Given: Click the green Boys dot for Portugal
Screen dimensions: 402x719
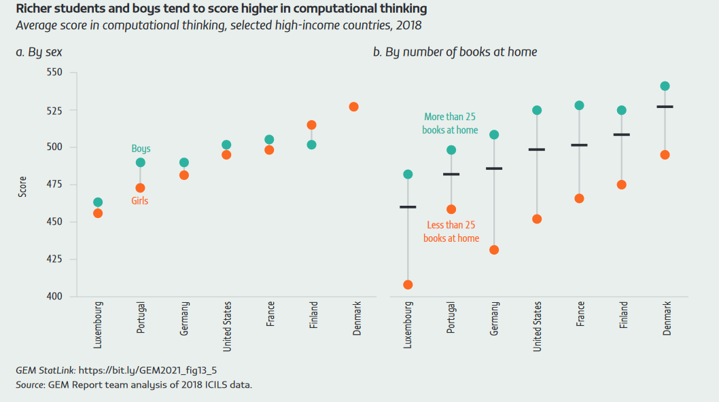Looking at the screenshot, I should coord(141,162).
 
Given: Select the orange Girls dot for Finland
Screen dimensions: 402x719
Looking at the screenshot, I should coord(312,125).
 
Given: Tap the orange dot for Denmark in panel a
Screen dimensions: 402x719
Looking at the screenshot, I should coord(354,107).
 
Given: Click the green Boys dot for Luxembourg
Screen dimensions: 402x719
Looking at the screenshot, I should coord(98,202).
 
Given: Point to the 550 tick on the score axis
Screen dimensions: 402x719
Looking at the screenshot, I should coord(55,72).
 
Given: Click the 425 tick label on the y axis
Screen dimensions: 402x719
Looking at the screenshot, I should coord(55,259).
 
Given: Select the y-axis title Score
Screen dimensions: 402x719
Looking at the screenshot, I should coord(22,187).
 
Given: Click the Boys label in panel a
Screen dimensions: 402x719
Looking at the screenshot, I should coord(141,149).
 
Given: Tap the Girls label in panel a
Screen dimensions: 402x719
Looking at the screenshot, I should coord(139,201).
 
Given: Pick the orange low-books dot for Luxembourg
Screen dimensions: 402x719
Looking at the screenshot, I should coord(408,285).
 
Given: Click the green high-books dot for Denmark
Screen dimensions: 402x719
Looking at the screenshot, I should coord(665,86).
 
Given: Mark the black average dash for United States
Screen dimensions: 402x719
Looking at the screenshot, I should coord(537,149).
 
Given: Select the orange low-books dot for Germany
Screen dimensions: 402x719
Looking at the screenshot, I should coord(494,250).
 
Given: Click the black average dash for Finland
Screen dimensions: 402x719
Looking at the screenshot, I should coord(621,134).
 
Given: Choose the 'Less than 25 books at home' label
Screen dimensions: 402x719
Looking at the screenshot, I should coord(451,232).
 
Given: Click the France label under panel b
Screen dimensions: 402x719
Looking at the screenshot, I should coord(580,314).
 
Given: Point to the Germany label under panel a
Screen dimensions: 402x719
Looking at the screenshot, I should coord(184,319).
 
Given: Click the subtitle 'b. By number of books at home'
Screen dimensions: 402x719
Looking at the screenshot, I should coord(455,52).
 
